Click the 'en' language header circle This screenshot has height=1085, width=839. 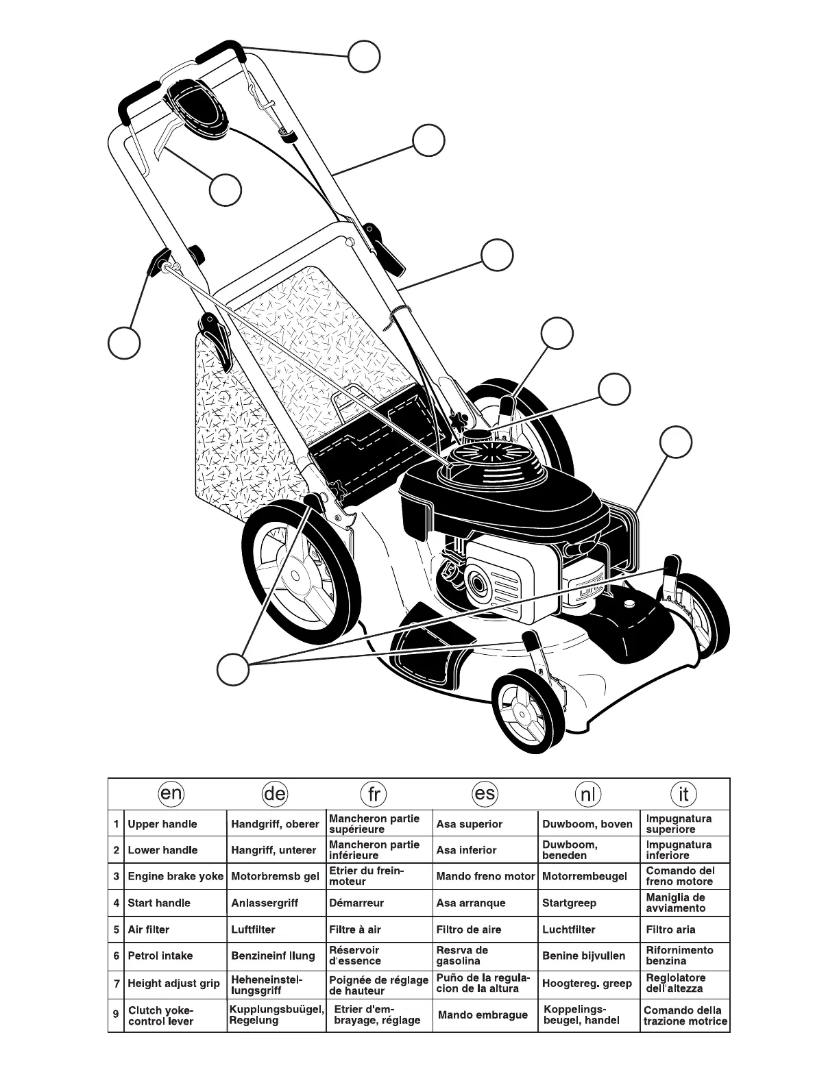pyautogui.click(x=170, y=794)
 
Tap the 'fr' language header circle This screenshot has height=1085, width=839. pyautogui.click(x=373, y=795)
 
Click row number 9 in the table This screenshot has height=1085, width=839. pyautogui.click(x=116, y=1014)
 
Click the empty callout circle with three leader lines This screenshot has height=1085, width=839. pyautogui.click(x=232, y=669)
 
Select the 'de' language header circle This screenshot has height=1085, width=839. pyautogui.click(x=274, y=795)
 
